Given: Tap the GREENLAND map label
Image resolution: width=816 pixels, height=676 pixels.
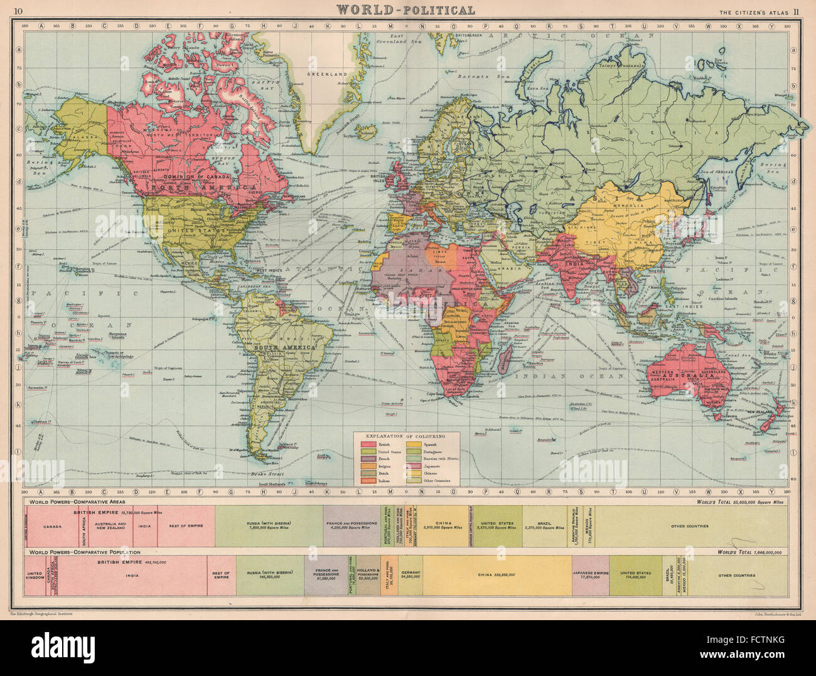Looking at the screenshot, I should click(327, 74).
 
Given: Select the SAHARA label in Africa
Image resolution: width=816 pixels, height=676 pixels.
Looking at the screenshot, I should click(414, 267).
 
